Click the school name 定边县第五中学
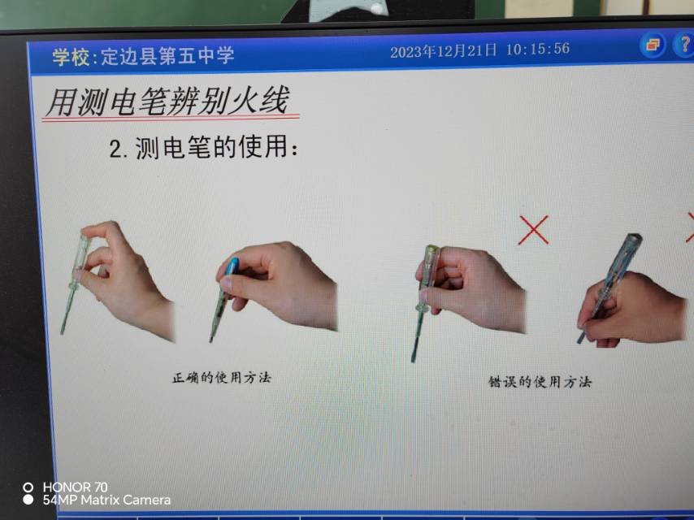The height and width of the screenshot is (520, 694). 167,56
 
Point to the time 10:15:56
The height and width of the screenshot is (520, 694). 538,49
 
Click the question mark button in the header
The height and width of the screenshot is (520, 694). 684,44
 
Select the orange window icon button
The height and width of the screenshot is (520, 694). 653,45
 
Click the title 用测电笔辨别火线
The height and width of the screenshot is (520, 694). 167,101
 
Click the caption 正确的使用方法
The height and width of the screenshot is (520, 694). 221,378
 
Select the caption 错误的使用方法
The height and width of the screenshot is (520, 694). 540,382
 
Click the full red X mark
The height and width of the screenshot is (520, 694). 533,230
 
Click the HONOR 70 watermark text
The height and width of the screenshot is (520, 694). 75,487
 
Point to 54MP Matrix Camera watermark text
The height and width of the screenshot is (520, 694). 106,500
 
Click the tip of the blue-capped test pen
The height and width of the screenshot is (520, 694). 211,340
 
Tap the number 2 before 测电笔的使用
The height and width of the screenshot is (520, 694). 115,149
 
